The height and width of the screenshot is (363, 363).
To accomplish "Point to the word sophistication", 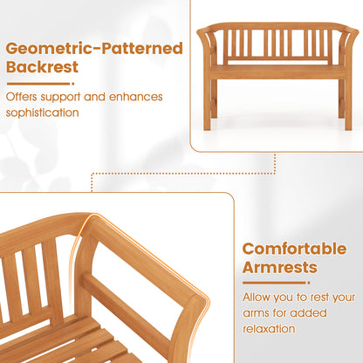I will [46, 113].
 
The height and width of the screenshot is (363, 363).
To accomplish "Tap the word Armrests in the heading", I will [280, 268].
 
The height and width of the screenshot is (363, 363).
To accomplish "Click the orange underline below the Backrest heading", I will [35, 86].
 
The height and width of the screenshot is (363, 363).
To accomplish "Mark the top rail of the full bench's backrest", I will [275, 27].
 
